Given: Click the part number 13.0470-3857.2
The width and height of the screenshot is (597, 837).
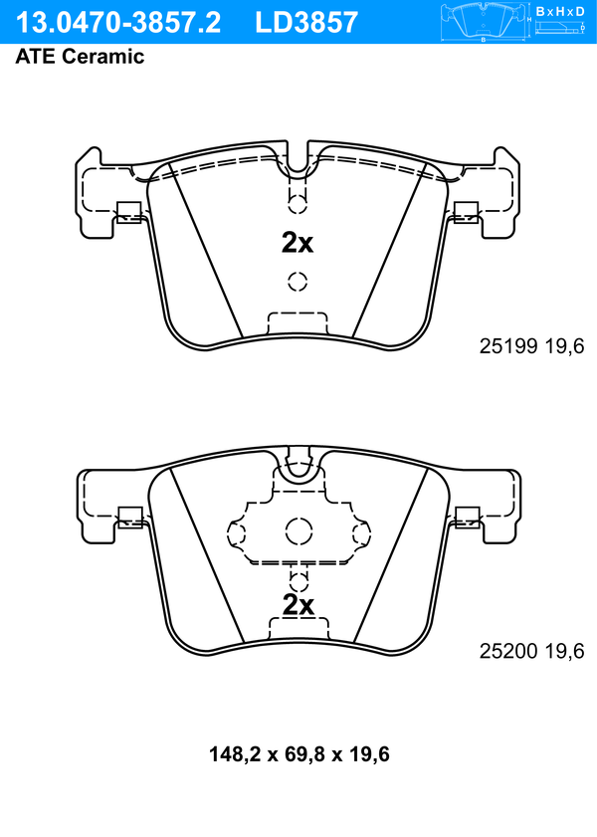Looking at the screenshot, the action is [x=117, y=23].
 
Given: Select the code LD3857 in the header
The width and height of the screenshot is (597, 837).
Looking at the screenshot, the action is [x=306, y=23].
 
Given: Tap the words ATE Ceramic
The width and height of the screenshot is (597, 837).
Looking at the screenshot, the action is [x=80, y=57].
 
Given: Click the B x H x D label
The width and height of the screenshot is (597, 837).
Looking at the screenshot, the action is [x=560, y=11].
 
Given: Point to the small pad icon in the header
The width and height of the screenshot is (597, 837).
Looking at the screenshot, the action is [x=483, y=21].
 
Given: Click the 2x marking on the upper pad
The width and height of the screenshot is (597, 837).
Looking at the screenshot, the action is [x=298, y=243].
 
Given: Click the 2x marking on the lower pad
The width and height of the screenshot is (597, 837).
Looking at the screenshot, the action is [x=298, y=605].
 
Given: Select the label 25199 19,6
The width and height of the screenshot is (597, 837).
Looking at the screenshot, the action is [x=531, y=346].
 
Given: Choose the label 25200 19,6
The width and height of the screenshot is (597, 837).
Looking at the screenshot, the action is [x=531, y=651].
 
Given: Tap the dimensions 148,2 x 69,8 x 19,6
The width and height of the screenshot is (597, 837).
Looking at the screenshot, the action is [x=299, y=754].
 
